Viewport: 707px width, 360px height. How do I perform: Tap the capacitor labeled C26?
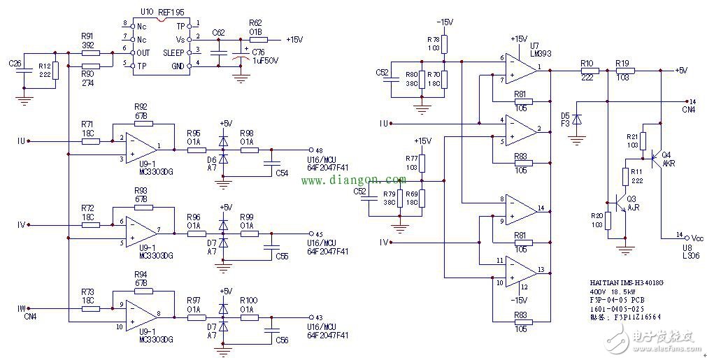pyautogui.click(x=24, y=75)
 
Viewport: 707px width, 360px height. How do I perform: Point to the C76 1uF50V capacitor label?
pyautogui.click(x=265, y=56)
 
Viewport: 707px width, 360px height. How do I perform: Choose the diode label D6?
pyautogui.click(x=211, y=159)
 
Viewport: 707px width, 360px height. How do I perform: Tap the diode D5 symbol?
pyautogui.click(x=577, y=120)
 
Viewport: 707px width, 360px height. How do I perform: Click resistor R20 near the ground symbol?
pyautogui.click(x=607, y=220)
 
